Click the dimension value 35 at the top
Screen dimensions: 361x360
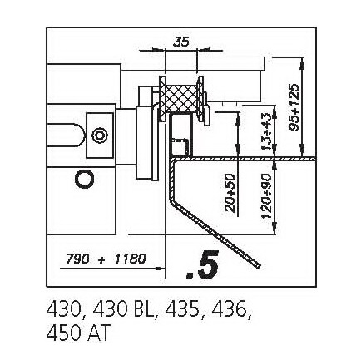point(181,42)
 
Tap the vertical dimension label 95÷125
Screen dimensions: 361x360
point(294,106)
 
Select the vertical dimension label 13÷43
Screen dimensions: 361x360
point(267,131)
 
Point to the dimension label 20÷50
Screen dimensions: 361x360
point(230,193)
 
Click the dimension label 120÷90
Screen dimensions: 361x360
point(267,196)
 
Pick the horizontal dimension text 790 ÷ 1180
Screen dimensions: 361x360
point(106,259)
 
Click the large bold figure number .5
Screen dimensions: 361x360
point(202,264)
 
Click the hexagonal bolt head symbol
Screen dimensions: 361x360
point(100,136)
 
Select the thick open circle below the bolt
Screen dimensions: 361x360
point(85,179)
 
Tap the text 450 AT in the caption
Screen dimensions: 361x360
point(78,333)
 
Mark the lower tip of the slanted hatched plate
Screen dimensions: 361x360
point(259,267)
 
